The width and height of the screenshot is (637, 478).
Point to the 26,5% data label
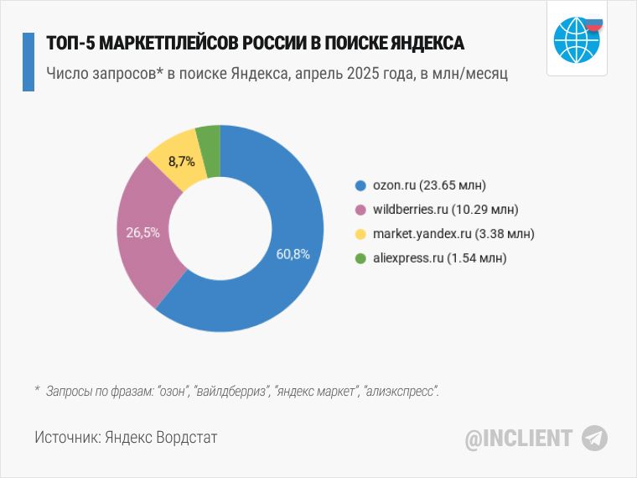142,233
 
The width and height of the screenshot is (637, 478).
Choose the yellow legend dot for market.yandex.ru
360,234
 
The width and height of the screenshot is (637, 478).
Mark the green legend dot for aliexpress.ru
360,258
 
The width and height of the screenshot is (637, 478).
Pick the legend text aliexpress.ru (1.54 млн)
440,258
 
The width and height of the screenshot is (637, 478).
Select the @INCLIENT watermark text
519,438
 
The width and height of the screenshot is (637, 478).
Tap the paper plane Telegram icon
595,438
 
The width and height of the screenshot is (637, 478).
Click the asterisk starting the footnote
38,391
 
